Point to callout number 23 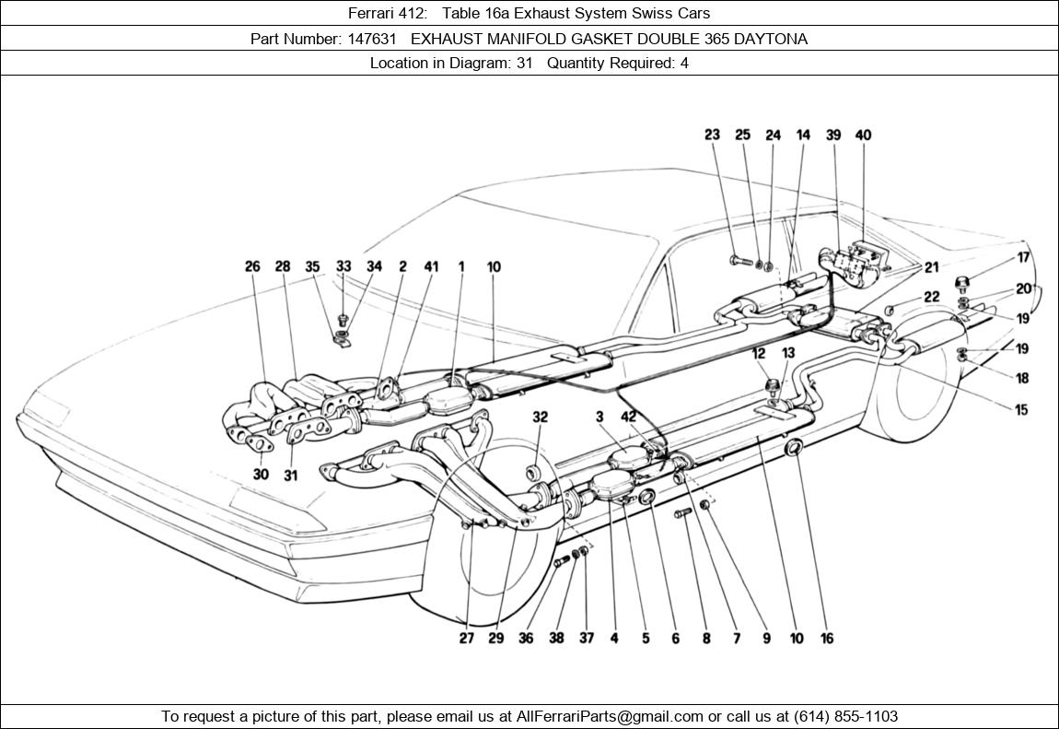click(x=712, y=135)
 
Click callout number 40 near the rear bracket click(x=863, y=135)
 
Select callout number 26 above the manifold click(x=252, y=266)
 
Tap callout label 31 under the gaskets click(x=291, y=475)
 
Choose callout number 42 click(x=629, y=417)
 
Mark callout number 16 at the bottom click(x=827, y=638)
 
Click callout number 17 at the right click(x=1023, y=258)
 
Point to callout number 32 click(x=540, y=417)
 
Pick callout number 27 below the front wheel click(x=467, y=638)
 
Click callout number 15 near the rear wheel click(x=1021, y=410)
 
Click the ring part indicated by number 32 click(x=533, y=474)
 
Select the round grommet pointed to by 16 click(x=793, y=450)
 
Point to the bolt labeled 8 click(x=683, y=512)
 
